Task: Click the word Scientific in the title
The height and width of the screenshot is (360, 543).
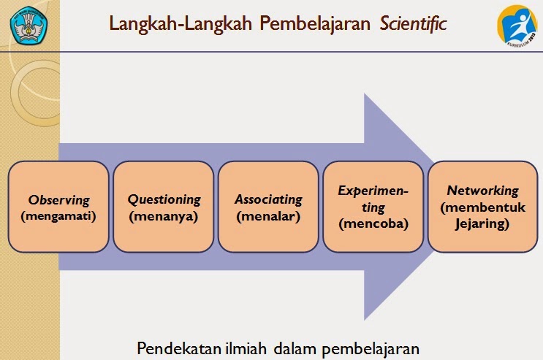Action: [x=413, y=24]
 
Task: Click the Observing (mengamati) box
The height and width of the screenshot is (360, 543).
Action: [x=58, y=207]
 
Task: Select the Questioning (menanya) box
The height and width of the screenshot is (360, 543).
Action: [x=164, y=207]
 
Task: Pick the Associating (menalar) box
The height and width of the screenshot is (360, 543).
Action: [x=268, y=207]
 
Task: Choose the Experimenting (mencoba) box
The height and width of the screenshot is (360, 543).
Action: [x=373, y=207]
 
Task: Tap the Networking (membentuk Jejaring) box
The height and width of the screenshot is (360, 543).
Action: [x=483, y=207]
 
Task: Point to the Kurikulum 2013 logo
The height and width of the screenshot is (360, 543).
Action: [x=517, y=26]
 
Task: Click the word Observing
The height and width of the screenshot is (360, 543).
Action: [x=58, y=200]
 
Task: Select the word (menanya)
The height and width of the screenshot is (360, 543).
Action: [x=164, y=216]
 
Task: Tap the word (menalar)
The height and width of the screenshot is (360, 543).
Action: [x=268, y=216]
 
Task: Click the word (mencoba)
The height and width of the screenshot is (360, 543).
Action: [x=373, y=223]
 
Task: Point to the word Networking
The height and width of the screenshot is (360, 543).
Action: [x=483, y=191]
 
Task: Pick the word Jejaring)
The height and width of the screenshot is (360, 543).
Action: [x=482, y=223]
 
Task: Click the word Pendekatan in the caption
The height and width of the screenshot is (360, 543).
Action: [x=179, y=348]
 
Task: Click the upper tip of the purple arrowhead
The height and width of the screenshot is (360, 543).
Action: [x=364, y=93]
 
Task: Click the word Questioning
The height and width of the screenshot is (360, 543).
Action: [x=164, y=200]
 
